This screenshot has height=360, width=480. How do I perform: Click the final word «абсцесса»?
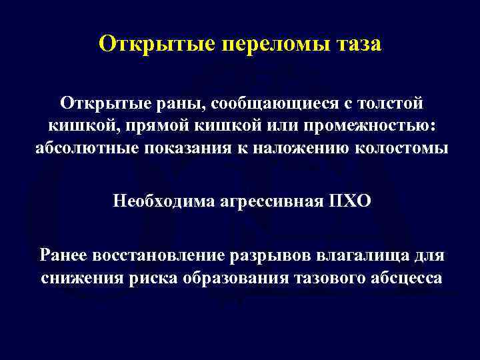pyautogui.click(x=406, y=277)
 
